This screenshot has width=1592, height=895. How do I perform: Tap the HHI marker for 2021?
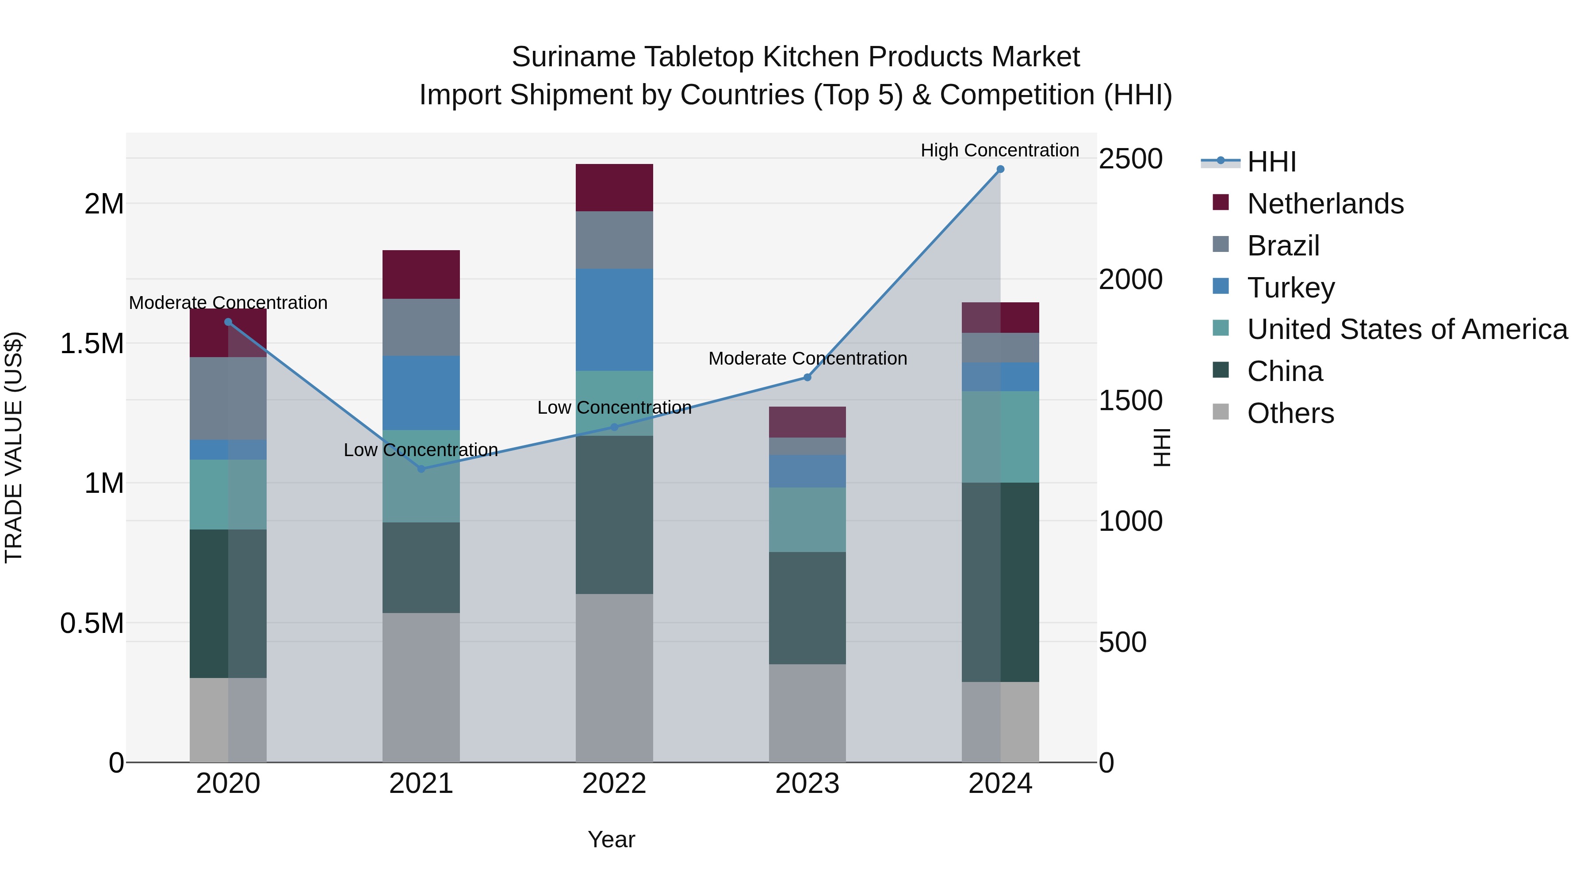point(421,469)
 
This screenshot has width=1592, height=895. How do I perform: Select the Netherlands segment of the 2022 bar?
point(614,188)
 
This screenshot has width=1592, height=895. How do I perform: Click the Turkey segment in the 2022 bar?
point(614,320)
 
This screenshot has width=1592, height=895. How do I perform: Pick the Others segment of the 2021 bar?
point(421,687)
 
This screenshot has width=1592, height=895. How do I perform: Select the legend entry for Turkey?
point(1290,288)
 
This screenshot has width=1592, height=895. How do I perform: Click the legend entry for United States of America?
point(1407,329)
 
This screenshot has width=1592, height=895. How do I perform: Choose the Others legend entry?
point(1290,413)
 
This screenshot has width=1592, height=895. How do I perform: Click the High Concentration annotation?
point(999,150)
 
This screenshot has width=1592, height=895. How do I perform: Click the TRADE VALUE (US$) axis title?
point(14,447)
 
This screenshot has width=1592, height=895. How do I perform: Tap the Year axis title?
point(611,839)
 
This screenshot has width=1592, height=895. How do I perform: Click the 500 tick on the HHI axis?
point(1122,642)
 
